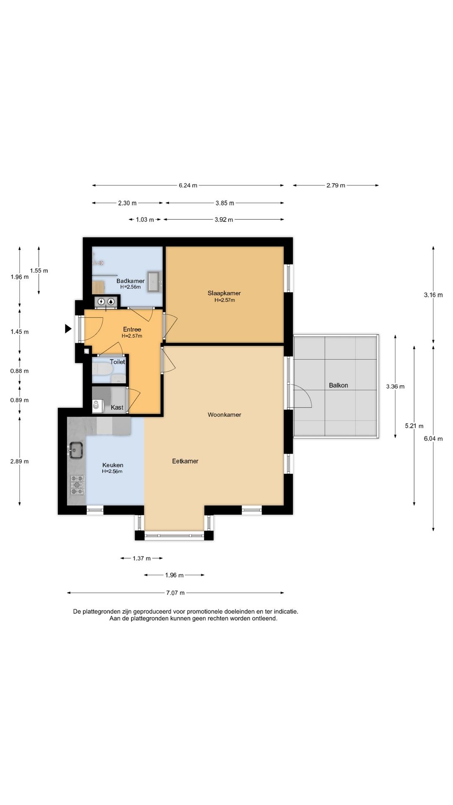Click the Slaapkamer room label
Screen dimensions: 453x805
[224, 293]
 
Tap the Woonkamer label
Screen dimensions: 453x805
[224, 415]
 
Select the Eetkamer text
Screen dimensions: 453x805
[185, 461]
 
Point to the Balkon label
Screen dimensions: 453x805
[338, 385]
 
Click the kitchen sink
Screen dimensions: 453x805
[75, 450]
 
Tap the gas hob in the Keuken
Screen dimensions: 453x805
[77, 485]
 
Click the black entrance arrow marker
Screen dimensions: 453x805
[68, 329]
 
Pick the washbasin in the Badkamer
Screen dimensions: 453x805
[154, 281]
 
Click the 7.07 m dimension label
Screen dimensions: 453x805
[175, 593]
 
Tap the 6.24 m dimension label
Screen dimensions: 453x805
[188, 185]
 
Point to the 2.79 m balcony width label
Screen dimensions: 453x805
[336, 185]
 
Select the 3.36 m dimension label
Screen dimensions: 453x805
[395, 387]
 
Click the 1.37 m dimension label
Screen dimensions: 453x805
[141, 558]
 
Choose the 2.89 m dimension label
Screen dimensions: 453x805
[20, 462]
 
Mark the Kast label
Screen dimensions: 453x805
[117, 408]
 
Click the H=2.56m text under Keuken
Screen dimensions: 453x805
[112, 471]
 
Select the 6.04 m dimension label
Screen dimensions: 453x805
[433, 439]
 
